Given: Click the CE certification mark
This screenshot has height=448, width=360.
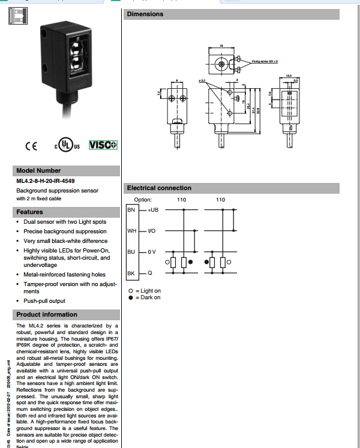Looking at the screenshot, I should pyautogui.click(x=31, y=146).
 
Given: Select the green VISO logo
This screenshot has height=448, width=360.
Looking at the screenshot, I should pyautogui.click(x=103, y=145).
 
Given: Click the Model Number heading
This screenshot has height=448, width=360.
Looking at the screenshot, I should pyautogui.click(x=38, y=170).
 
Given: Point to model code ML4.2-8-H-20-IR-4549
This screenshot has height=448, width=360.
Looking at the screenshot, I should pyautogui.click(x=46, y=181).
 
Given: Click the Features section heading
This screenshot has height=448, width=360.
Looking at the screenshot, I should pyautogui.click(x=30, y=212).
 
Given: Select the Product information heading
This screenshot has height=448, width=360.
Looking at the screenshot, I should pyautogui.click(x=47, y=314).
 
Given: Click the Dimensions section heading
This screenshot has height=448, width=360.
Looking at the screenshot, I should pyautogui.click(x=145, y=14).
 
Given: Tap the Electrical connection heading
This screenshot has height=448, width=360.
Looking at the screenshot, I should pyautogui.click(x=159, y=188).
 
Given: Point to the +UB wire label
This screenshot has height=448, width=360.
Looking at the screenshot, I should pyautogui.click(x=152, y=210).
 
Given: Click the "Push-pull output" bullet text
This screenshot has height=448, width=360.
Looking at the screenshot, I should pyautogui.click(x=44, y=301).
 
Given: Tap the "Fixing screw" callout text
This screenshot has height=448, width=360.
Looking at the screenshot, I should pyautogui.click(x=265, y=61).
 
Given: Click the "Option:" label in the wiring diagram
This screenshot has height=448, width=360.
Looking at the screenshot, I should pyautogui.click(x=143, y=199).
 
